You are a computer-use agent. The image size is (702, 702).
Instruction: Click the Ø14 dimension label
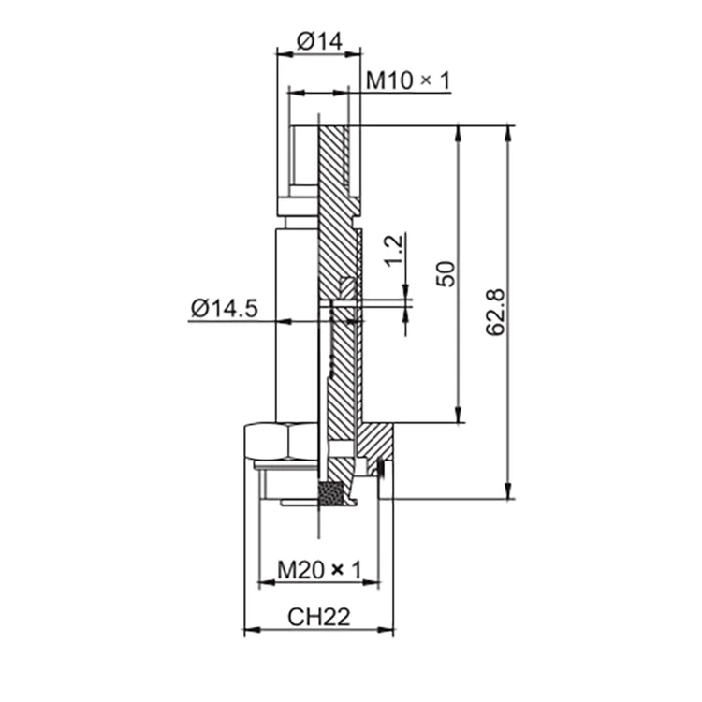[320, 41]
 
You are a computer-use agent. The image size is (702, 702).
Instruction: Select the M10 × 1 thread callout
[407, 81]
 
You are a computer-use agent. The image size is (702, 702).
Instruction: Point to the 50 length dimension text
[446, 273]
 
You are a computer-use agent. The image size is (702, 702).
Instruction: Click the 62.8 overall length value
[497, 312]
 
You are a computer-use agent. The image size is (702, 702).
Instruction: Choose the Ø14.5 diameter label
[224, 308]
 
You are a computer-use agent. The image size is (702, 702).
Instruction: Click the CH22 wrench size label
[318, 617]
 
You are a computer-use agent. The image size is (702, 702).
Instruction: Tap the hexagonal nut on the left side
[281, 441]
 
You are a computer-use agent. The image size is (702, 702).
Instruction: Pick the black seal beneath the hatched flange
[381, 467]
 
